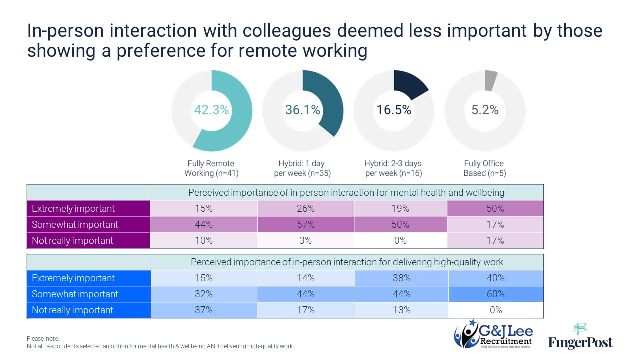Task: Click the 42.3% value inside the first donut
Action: tap(211, 110)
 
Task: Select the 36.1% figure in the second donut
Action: tap(302, 110)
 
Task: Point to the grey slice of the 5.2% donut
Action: tap(490, 80)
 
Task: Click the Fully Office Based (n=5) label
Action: tap(484, 168)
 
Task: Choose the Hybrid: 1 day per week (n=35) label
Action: tap(302, 168)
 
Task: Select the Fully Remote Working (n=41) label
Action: tap(211, 168)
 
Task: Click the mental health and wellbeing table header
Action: tap(346, 192)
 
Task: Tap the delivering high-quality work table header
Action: tap(346, 262)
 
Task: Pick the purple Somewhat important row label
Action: tap(75, 224)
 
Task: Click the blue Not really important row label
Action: tap(73, 310)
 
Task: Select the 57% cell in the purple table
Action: tap(305, 224)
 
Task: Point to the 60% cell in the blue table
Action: tap(495, 294)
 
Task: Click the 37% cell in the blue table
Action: tap(203, 310)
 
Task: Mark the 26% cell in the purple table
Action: tap(305, 208)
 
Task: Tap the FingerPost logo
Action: tap(580, 336)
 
